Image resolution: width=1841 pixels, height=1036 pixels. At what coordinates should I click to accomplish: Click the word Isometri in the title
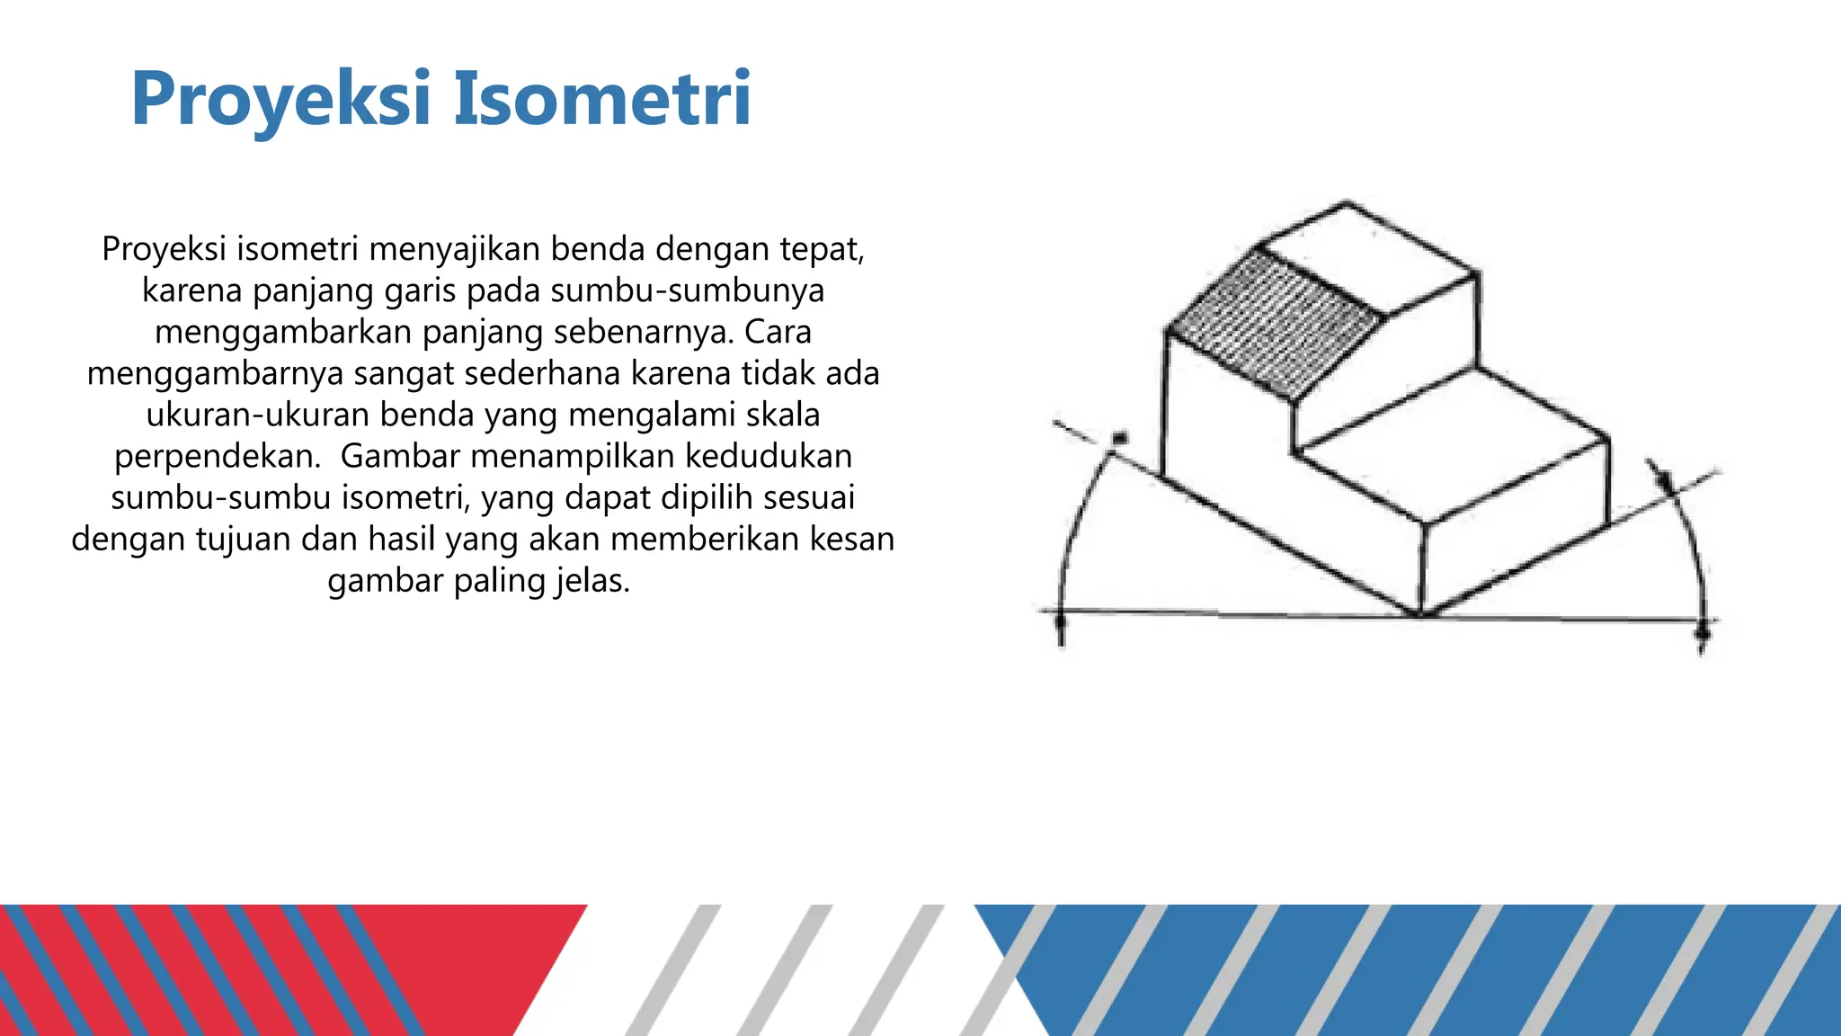pyautogui.click(x=601, y=99)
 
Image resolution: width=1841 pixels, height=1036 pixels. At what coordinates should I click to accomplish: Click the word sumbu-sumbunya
pyautogui.click(x=687, y=290)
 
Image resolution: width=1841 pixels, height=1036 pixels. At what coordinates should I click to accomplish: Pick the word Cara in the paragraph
pyautogui.click(x=778, y=332)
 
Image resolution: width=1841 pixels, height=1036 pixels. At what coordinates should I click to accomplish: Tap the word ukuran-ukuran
pyautogui.click(x=258, y=415)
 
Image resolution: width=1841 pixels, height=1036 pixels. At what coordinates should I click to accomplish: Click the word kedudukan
pyautogui.click(x=769, y=456)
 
